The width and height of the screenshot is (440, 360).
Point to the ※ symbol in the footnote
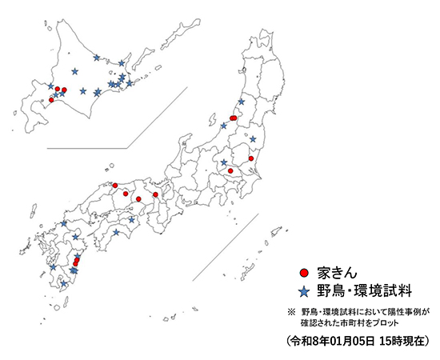[291, 310]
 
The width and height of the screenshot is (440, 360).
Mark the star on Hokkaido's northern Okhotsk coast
[97, 58]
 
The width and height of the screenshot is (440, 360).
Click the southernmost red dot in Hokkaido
[51, 100]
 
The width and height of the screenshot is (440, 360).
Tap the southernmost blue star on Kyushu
[64, 283]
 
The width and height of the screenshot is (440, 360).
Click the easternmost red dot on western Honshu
[155, 194]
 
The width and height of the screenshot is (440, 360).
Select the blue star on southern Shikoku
[117, 232]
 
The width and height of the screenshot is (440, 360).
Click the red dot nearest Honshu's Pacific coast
[251, 159]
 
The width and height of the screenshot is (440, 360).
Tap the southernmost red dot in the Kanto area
[230, 170]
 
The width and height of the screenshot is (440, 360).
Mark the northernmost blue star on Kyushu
[64, 224]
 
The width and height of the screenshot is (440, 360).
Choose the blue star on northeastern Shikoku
[132, 218]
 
